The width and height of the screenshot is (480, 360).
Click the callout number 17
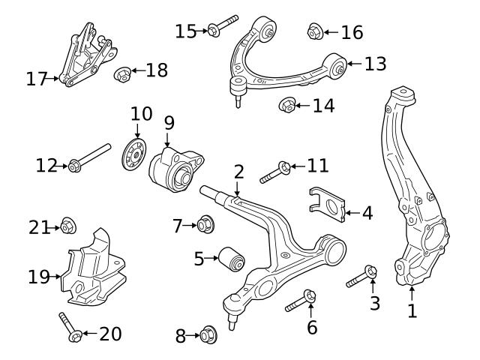click(x=37, y=78)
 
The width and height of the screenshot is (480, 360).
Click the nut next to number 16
click(x=315, y=31)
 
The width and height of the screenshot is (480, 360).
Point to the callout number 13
click(x=375, y=64)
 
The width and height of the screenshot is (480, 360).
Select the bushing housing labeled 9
click(x=177, y=169)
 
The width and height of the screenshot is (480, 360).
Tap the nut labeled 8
click(x=208, y=335)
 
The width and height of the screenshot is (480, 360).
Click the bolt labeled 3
click(x=361, y=278)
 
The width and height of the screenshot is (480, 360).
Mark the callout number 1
click(x=412, y=310)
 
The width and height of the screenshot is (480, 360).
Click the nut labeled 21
click(x=67, y=224)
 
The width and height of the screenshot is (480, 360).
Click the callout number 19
click(x=39, y=277)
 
